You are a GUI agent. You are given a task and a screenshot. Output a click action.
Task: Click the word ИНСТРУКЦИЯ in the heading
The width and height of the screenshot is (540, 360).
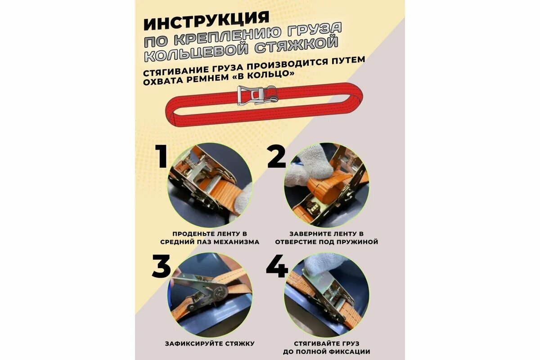click(206, 21)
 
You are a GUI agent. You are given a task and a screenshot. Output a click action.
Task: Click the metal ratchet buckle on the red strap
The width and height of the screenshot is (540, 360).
click(257, 95)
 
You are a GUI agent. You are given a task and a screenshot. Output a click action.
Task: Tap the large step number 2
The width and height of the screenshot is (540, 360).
click(276, 156)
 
